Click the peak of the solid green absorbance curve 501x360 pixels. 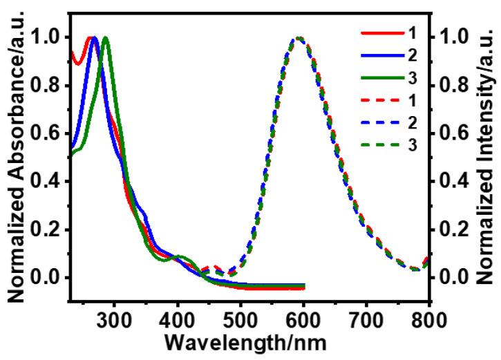point(105,37)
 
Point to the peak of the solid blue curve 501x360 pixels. point(95,37)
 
